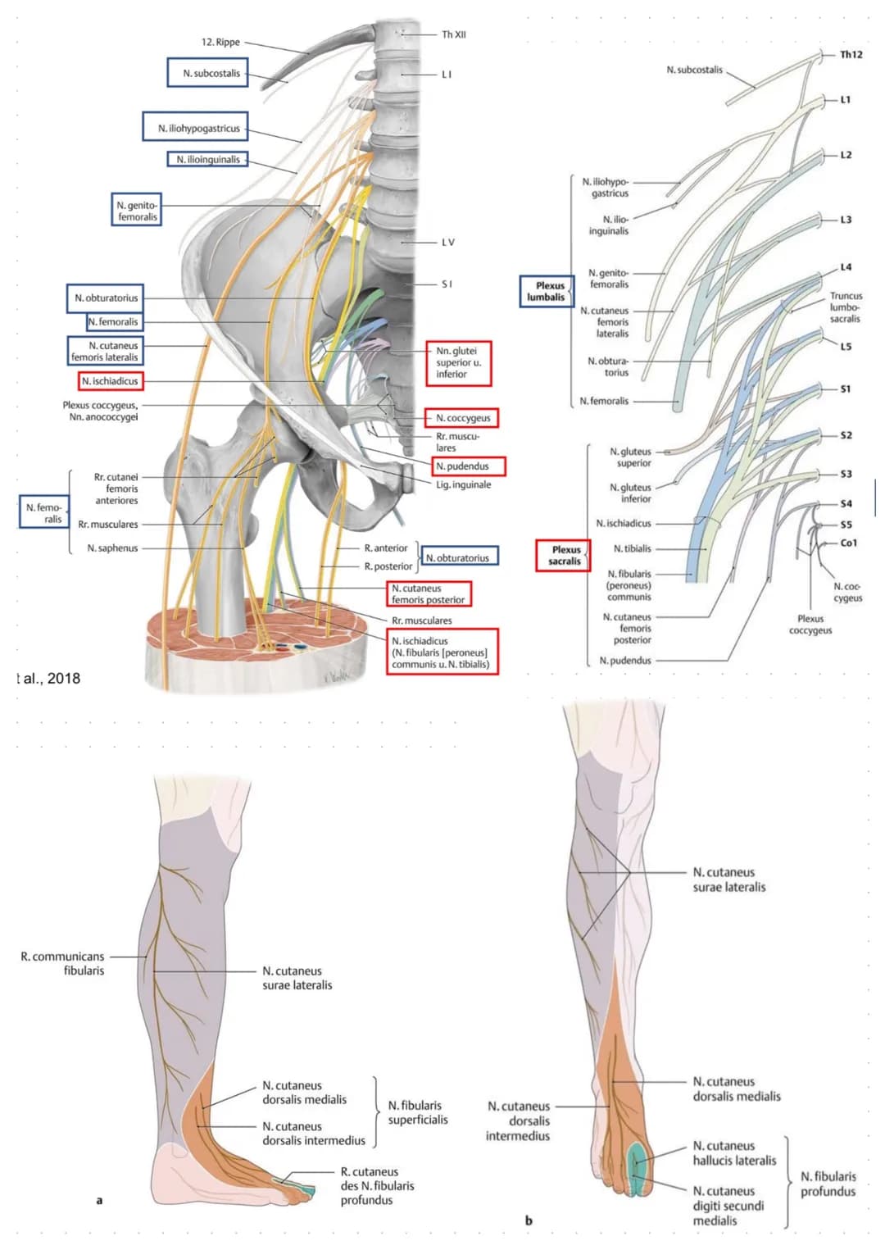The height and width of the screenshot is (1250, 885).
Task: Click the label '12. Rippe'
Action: pos(220,42)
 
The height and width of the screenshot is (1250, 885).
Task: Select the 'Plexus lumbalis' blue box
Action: pos(547,291)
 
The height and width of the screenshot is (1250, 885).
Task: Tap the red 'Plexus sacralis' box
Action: pos(564,555)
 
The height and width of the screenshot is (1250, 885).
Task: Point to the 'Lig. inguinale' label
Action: pos(463,484)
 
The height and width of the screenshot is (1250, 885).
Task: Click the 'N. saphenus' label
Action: pos(112,548)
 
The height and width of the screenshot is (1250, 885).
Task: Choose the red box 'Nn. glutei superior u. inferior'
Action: pos(458,362)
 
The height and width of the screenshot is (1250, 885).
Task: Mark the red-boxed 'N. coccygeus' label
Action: pos(462,418)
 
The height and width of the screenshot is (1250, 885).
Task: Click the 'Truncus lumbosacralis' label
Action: pos(845,307)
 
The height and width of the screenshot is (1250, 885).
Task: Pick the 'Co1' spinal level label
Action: pos(848,543)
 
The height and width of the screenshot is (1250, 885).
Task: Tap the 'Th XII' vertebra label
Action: pos(453,34)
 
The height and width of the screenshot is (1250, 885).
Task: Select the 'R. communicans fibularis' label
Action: pos(63,963)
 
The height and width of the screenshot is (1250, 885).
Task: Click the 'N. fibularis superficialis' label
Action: pos(418,1112)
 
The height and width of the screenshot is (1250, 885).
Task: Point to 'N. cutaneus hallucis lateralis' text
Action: pos(734,1152)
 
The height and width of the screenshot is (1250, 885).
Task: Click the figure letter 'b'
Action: pos(529,1220)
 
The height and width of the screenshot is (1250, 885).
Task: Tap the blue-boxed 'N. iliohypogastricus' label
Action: pos(199,128)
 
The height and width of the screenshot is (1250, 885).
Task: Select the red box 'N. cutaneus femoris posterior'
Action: pos(429,593)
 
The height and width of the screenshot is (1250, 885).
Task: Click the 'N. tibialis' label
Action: pos(633,548)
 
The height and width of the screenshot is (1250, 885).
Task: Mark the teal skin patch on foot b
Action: pos(638,1169)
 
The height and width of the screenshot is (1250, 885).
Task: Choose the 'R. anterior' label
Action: pos(385,548)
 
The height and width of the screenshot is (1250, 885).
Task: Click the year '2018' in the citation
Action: pos(64,678)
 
